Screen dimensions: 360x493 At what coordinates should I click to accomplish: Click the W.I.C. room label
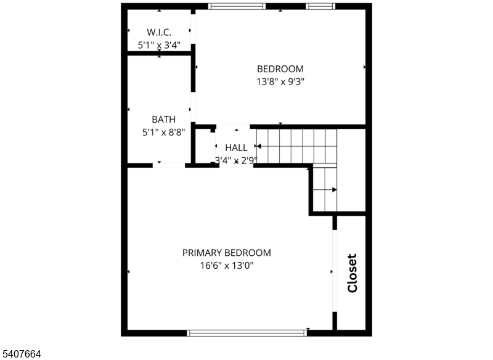(158, 32)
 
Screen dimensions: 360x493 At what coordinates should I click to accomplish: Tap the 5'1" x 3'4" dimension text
(158, 44)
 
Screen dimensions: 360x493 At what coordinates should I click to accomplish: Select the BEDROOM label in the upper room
(280, 69)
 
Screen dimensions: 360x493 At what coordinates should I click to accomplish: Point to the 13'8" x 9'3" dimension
(280, 81)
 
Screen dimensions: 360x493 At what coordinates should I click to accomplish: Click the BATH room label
(163, 120)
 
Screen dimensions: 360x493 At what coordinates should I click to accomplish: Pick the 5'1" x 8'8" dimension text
(163, 131)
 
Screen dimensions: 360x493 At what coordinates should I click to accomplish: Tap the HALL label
(236, 148)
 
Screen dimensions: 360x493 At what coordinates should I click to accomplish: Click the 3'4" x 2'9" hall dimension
(235, 160)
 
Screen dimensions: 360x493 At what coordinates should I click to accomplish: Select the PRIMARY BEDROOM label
(226, 253)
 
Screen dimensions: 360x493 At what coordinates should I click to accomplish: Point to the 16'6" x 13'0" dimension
(226, 266)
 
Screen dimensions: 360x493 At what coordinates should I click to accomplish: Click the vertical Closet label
(352, 273)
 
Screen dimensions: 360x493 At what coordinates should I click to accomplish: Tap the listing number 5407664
(22, 354)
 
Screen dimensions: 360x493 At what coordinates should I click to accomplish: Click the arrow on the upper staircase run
(259, 146)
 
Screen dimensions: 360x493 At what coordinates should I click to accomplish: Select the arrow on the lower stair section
(333, 190)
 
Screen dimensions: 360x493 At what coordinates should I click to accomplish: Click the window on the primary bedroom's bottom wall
(246, 333)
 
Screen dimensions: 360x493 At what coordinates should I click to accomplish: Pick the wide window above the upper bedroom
(237, 7)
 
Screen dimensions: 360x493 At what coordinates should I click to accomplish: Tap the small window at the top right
(320, 7)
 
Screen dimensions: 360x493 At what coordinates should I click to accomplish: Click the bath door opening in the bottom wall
(169, 165)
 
